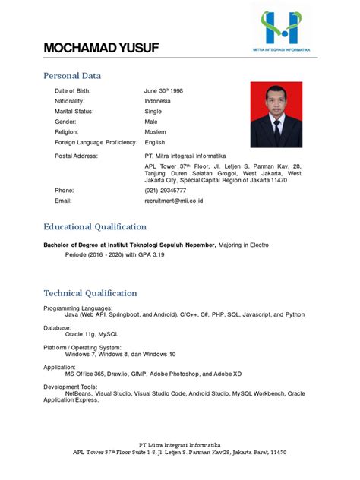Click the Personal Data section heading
pyautogui.click(x=72, y=76)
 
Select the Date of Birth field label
pyautogui.click(x=77, y=90)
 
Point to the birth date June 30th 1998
pyautogui.click(x=163, y=90)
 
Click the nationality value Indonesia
pyautogui.click(x=157, y=101)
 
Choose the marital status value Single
pyautogui.click(x=153, y=111)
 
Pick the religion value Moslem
pyautogui.click(x=156, y=131)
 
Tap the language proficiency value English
pyautogui.click(x=155, y=142)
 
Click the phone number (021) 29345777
pyautogui.click(x=165, y=190)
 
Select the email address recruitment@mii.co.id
pyautogui.click(x=175, y=201)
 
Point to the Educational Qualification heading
pyautogui.click(x=95, y=226)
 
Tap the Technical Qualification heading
pyautogui.click(x=90, y=292)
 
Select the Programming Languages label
pyautogui.click(x=78, y=308)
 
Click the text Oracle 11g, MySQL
pyautogui.click(x=92, y=333)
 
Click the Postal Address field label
pyautogui.click(x=76, y=156)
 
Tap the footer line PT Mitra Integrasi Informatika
pyautogui.click(x=180, y=444)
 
